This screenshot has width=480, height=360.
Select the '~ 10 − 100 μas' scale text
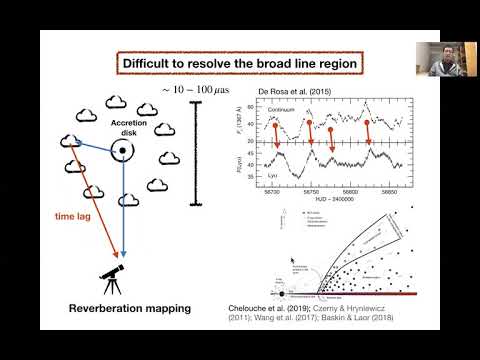click(196, 91)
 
